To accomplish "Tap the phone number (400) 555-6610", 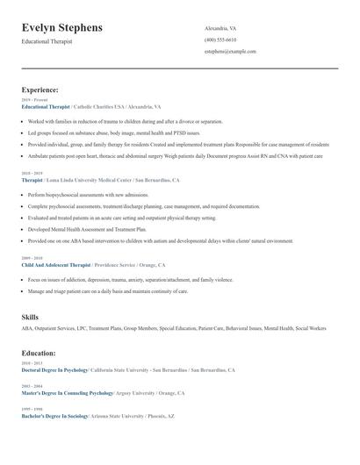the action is coord(220,39).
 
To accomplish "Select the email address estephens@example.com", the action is coord(230,52).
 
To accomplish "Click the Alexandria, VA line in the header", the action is coord(220,28).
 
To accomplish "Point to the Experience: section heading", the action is coord(40,89).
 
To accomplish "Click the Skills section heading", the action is coord(30,316).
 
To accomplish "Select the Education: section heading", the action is coord(39,353).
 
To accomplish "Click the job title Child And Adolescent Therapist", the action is coord(56,264).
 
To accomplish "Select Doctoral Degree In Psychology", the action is coord(54,370).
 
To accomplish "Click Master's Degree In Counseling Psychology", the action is coord(68,393).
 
